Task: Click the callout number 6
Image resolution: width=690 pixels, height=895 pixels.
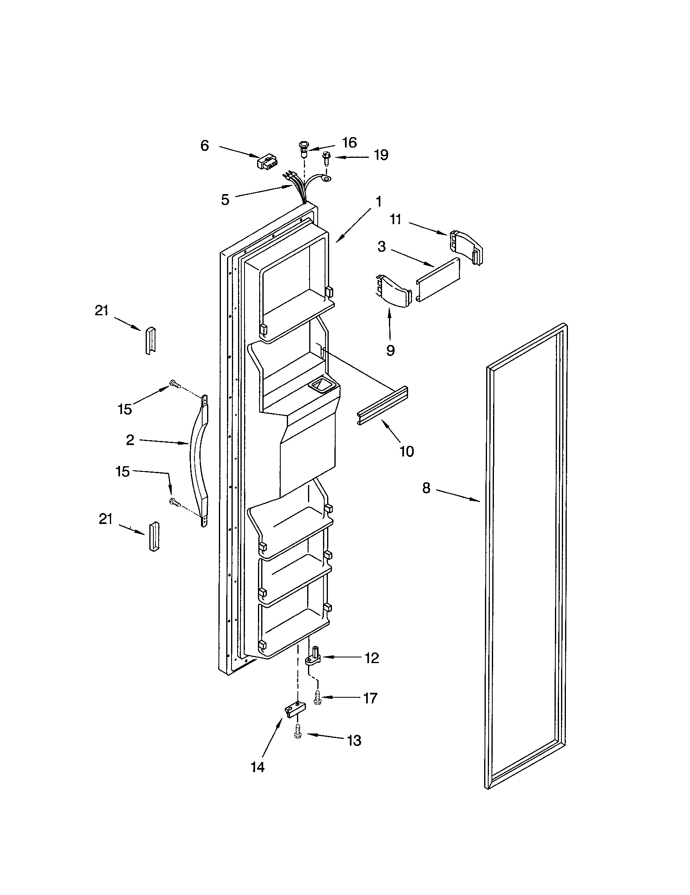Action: click(205, 146)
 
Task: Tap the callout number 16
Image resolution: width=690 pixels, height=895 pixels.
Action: click(349, 142)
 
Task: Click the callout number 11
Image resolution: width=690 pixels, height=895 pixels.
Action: click(395, 220)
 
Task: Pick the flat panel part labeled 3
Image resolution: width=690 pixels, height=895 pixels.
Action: click(438, 280)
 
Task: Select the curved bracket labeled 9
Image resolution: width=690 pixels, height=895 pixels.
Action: click(393, 291)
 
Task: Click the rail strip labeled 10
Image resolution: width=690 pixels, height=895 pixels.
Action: click(383, 405)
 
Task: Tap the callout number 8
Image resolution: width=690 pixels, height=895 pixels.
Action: click(426, 488)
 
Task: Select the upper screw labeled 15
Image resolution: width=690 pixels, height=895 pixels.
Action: click(175, 384)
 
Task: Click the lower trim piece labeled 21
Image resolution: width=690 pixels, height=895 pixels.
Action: click(154, 537)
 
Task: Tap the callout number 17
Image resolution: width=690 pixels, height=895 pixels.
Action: click(370, 697)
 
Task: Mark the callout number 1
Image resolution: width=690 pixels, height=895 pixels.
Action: click(378, 201)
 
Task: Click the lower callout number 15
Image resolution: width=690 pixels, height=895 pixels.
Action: click(122, 471)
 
